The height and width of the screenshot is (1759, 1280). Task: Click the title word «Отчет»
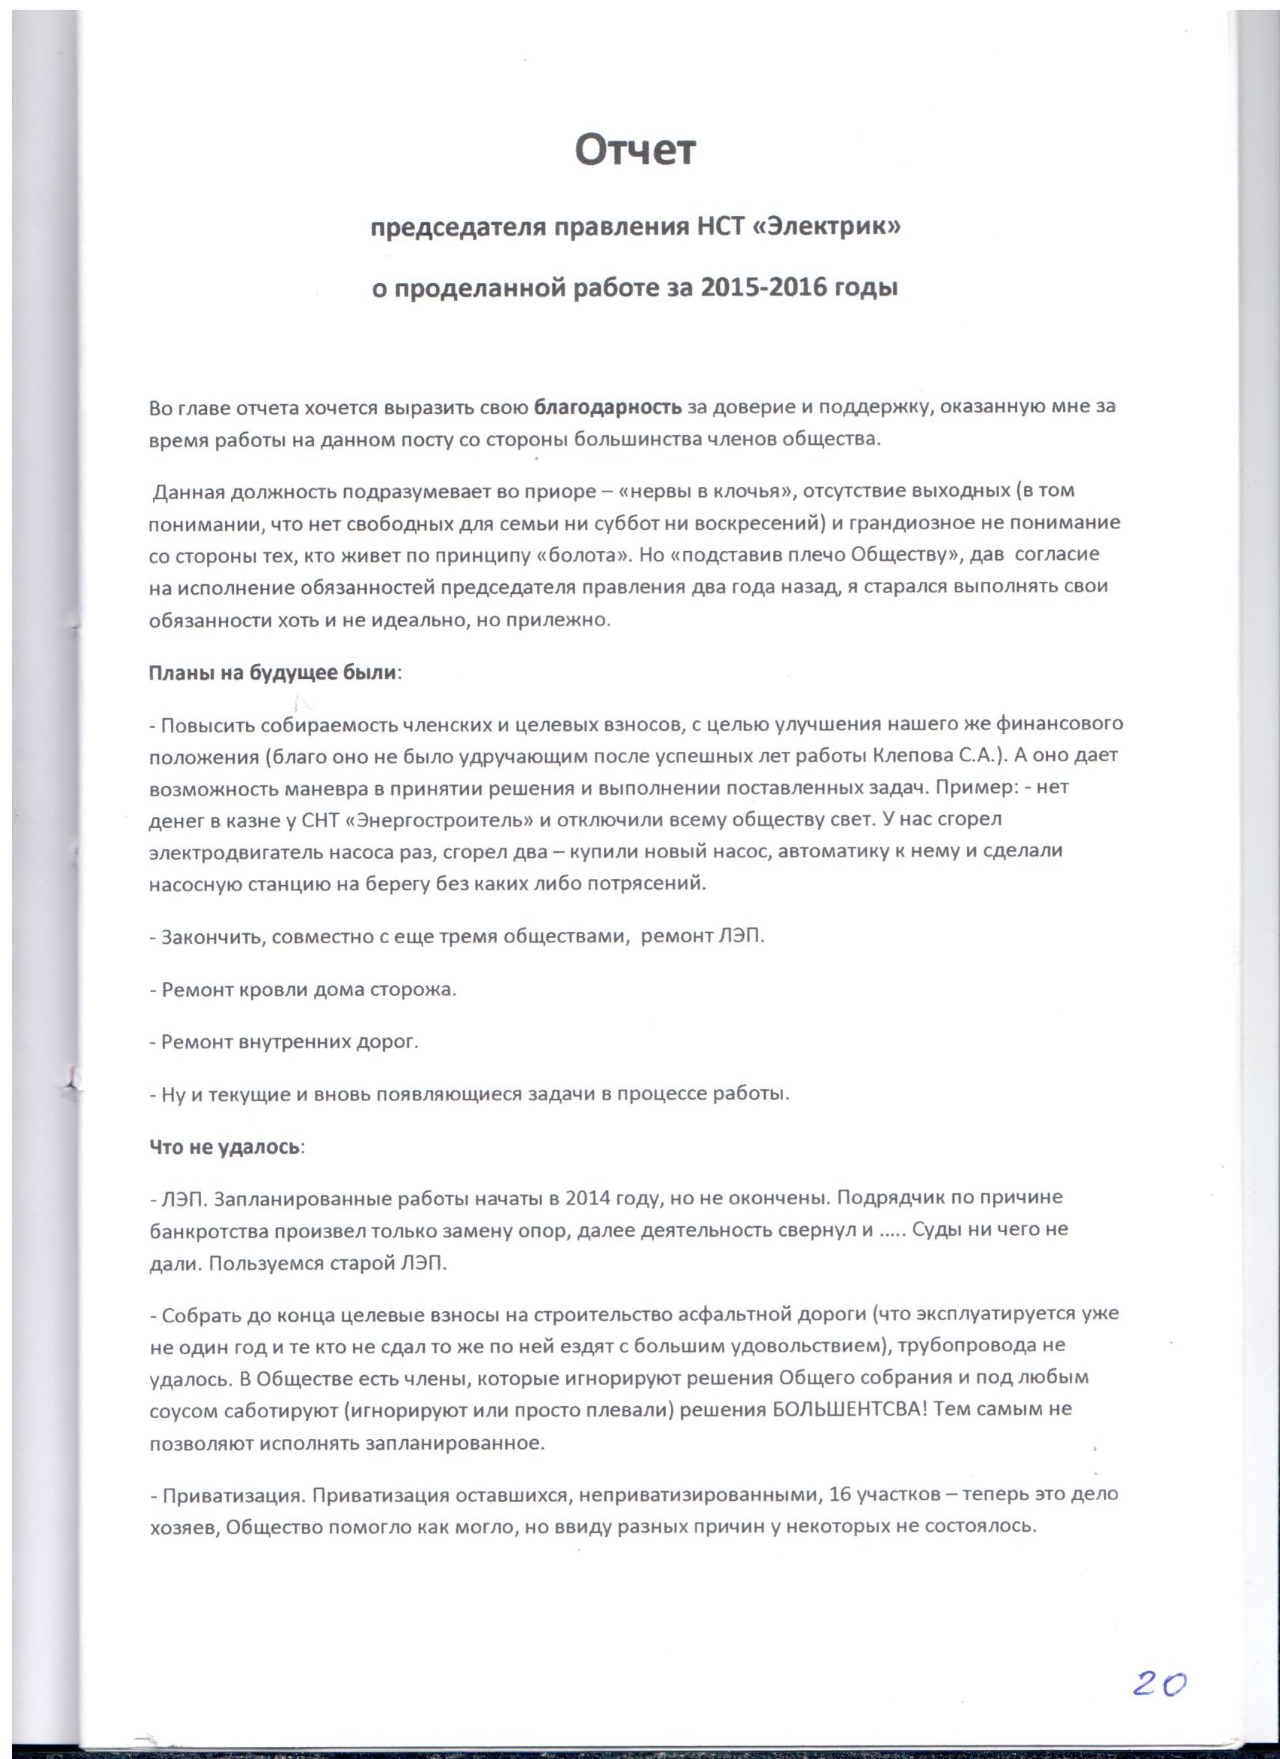point(635,151)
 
